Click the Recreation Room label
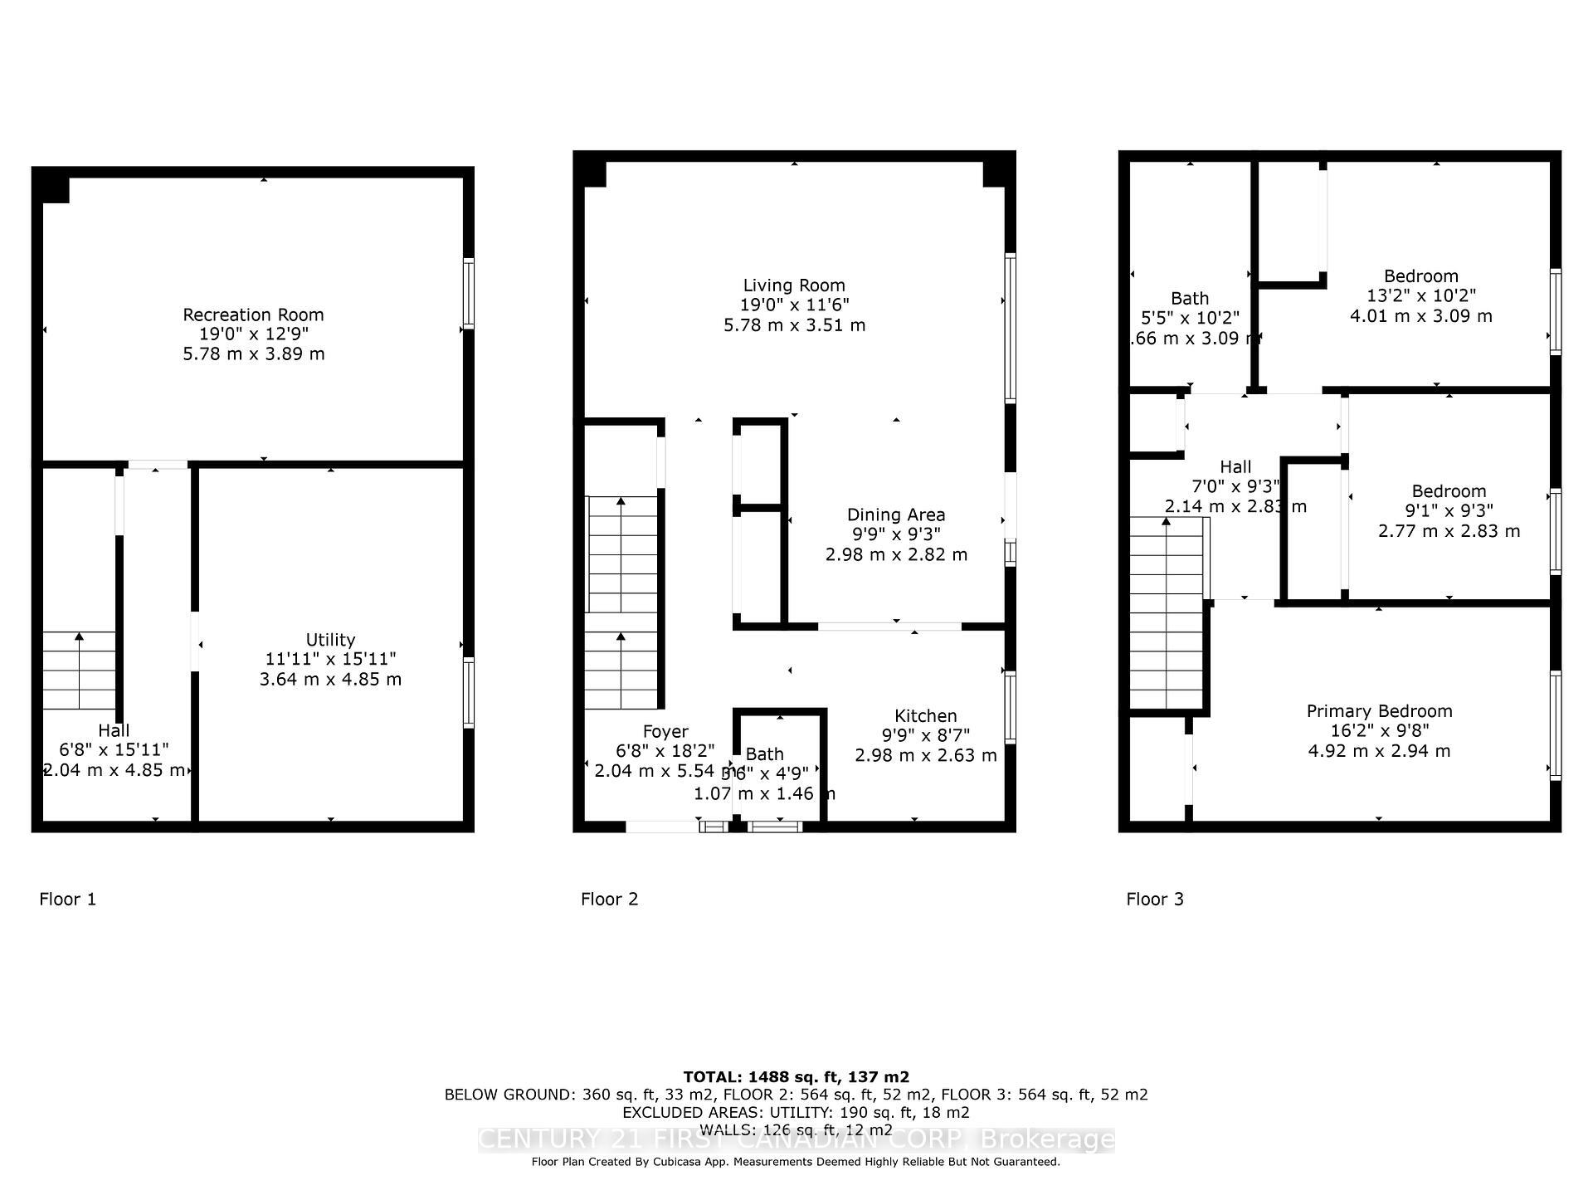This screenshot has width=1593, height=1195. click(x=253, y=315)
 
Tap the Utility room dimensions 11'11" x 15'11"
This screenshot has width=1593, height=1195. click(x=330, y=659)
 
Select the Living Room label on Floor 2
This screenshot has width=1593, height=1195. click(x=794, y=285)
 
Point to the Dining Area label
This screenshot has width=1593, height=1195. click(x=895, y=515)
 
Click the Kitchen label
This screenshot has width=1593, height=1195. click(x=925, y=715)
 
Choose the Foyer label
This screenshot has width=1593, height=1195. click(x=665, y=731)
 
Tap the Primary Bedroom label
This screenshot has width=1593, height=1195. click(x=1379, y=711)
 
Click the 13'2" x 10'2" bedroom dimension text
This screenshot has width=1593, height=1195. click(x=1420, y=296)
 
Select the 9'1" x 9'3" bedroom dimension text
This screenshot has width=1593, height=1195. click(x=1449, y=511)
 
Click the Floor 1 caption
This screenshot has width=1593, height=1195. click(x=68, y=899)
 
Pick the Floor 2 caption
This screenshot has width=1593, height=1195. click(x=610, y=899)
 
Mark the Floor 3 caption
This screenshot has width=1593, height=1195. click(x=1155, y=899)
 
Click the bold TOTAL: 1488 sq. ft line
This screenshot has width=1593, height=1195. click(x=796, y=1077)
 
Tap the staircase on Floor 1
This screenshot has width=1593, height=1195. click(x=79, y=671)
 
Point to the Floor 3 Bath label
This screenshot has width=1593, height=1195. click(x=1190, y=298)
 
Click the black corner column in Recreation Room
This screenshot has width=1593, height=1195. click(x=56, y=190)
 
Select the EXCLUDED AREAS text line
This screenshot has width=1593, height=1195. click(x=796, y=1112)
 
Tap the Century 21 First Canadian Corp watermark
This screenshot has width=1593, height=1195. click(x=796, y=1139)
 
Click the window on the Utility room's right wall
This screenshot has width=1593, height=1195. click(x=469, y=692)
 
